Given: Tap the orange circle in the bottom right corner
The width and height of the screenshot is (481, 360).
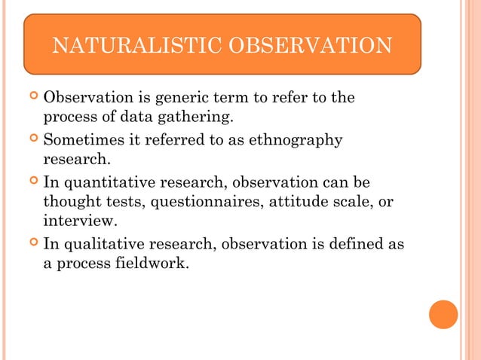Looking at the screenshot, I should pyautogui.click(x=443, y=314).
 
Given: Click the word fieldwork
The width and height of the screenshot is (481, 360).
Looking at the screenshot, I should pyautogui.click(x=148, y=264).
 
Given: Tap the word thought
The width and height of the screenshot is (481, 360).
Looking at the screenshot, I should pyautogui.click(x=72, y=202).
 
